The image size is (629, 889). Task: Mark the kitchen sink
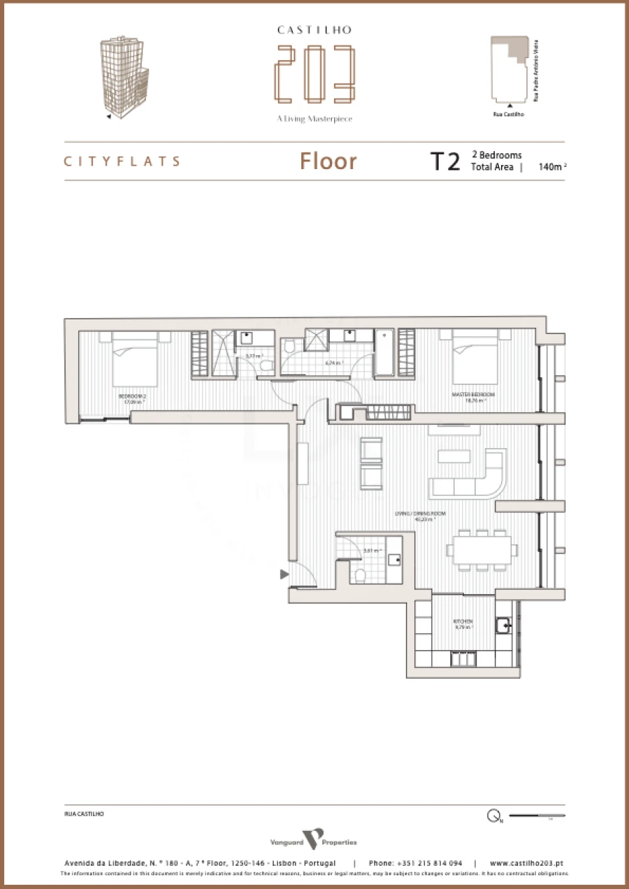point(503,626)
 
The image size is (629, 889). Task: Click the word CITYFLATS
point(122,161)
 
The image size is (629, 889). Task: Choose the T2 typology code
point(444,161)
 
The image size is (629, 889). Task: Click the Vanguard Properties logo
point(314,839)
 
